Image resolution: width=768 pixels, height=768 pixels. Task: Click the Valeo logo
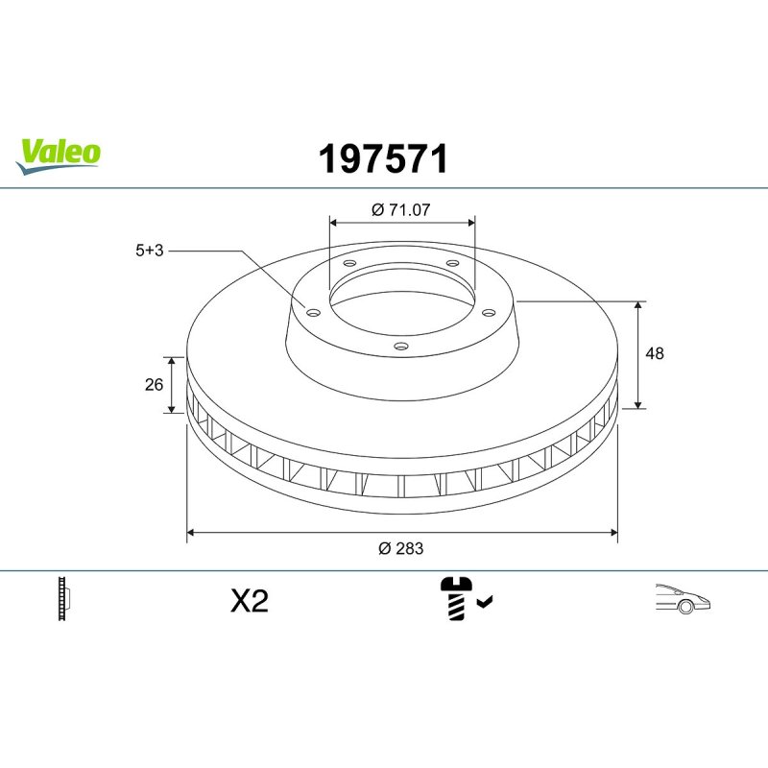click(x=59, y=156)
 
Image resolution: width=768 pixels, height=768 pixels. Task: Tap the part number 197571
click(x=383, y=158)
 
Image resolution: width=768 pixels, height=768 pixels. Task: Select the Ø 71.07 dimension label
click(x=400, y=209)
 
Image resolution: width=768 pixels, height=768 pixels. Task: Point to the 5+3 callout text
click(x=150, y=251)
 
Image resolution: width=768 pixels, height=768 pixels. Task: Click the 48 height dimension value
click(x=655, y=353)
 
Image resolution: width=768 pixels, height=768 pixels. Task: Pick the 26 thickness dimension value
click(x=154, y=385)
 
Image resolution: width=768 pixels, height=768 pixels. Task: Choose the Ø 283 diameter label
click(x=400, y=548)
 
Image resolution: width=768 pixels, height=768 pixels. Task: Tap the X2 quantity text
click(x=250, y=601)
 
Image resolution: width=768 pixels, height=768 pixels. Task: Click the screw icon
click(x=457, y=598)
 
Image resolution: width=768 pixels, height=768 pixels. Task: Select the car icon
click(x=683, y=598)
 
